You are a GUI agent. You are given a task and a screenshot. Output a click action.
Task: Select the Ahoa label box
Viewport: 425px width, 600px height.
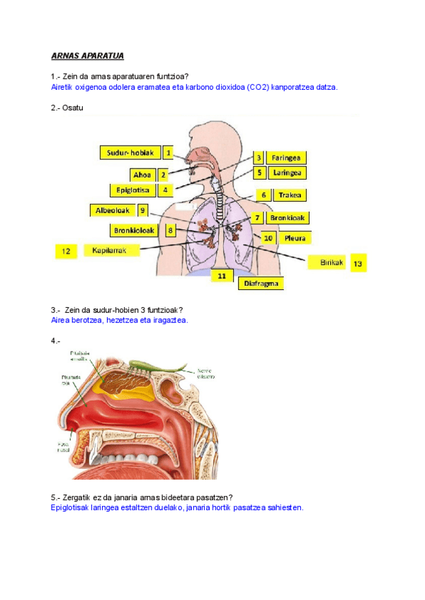[141, 174]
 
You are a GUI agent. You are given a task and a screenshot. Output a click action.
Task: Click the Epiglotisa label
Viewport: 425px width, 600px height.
[132, 190]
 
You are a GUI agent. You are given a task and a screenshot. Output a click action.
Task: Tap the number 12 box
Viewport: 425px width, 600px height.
[66, 251]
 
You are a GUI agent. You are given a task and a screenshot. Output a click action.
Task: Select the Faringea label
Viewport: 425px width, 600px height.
[286, 158]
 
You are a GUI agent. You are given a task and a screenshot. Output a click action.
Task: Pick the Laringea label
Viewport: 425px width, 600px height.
[287, 173]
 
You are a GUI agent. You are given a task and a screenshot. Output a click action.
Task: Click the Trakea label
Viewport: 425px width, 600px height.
[291, 195]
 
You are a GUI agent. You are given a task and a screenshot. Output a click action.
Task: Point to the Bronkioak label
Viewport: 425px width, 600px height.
[287, 218]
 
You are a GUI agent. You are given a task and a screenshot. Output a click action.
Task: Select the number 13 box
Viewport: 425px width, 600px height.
[358, 262]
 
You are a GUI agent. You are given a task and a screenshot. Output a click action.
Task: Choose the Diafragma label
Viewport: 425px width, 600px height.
[260, 283]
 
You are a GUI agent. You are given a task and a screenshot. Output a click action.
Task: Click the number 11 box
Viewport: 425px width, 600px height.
[222, 276]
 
